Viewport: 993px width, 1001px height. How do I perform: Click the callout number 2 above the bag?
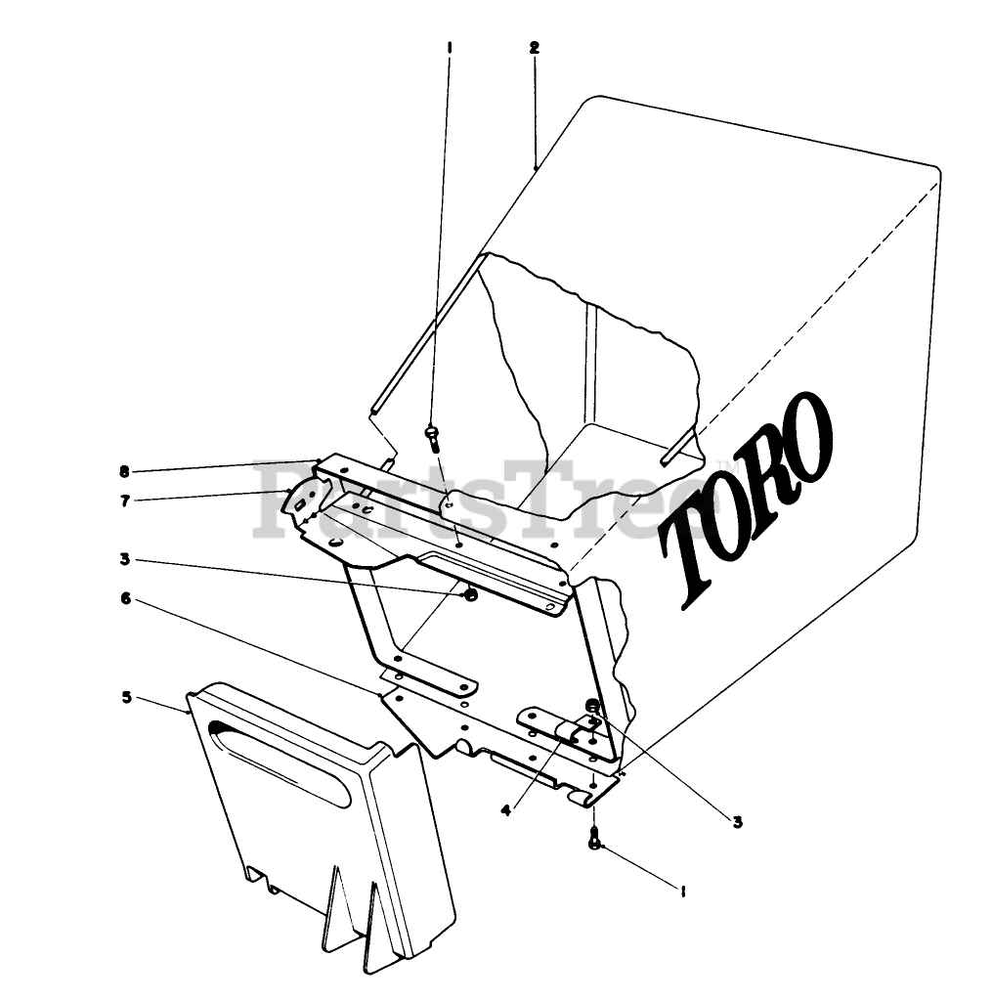534,47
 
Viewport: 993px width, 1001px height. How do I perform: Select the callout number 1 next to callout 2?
449,47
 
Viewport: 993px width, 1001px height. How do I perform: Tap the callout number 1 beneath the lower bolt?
681,891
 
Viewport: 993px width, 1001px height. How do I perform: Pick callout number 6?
125,597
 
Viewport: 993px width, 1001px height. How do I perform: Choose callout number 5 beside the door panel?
125,697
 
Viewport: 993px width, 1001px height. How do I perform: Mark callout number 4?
505,809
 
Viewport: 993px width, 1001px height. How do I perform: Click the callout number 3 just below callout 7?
125,560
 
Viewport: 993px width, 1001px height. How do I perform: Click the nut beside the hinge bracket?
591,707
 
